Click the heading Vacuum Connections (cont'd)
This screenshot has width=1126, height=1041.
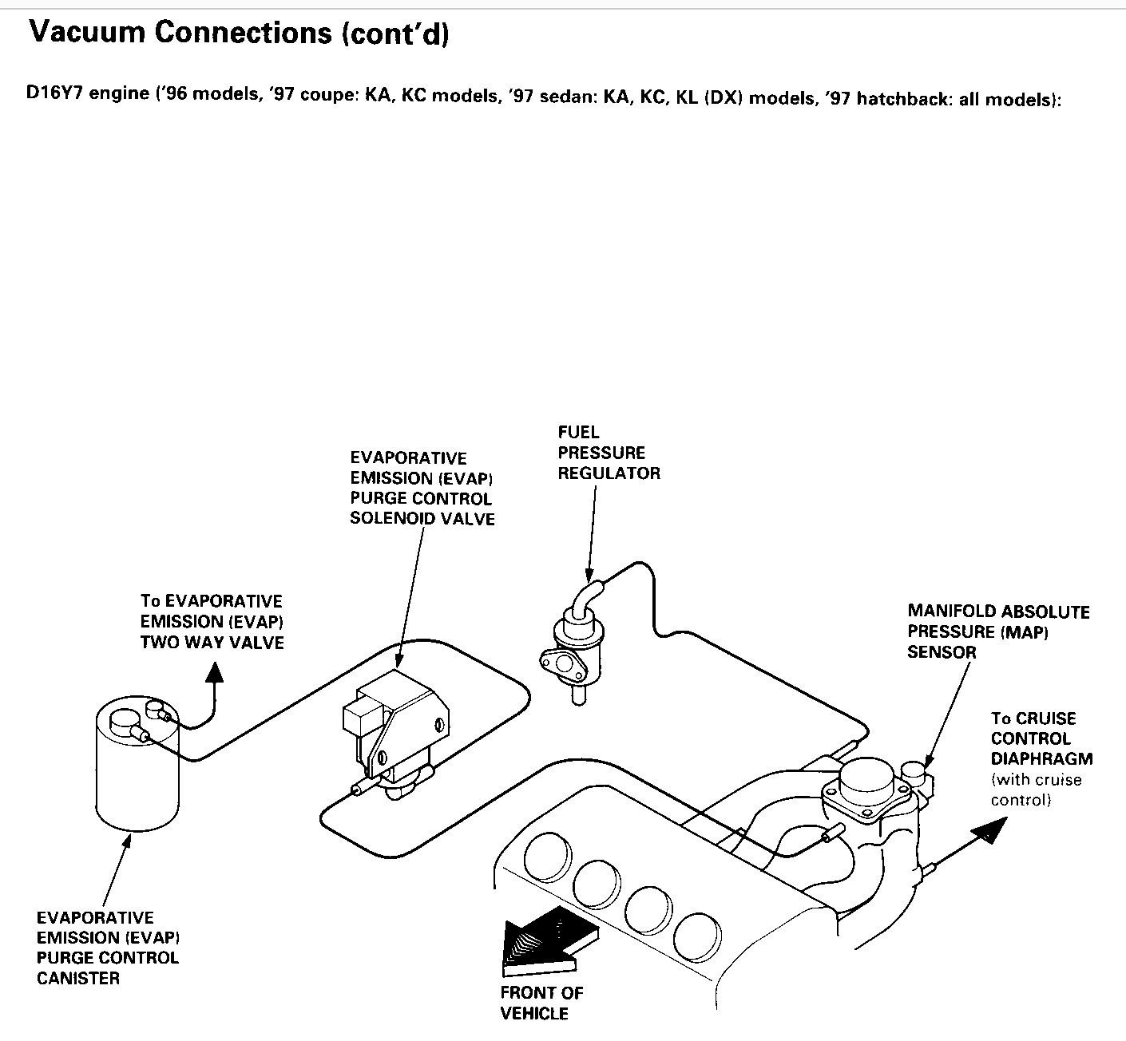239,33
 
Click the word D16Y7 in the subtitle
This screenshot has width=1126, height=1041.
54,93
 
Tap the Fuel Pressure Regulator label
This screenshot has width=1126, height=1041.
609,453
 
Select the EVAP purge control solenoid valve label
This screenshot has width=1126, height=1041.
422,489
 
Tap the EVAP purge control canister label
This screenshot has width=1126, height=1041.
108,948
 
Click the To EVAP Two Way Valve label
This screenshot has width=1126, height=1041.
212,621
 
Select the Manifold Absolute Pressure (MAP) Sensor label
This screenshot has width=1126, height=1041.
998,631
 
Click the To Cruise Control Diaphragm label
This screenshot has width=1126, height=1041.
1041,738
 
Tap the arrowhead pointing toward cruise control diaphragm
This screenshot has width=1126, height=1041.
991,829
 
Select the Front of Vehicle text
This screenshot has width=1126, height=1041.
541,1003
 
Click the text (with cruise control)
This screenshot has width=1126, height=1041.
1036,790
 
